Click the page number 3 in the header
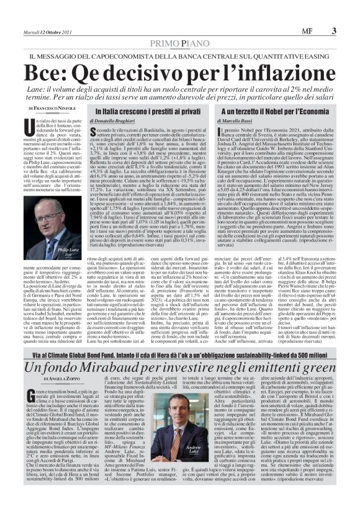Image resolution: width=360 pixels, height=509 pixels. (334, 30)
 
